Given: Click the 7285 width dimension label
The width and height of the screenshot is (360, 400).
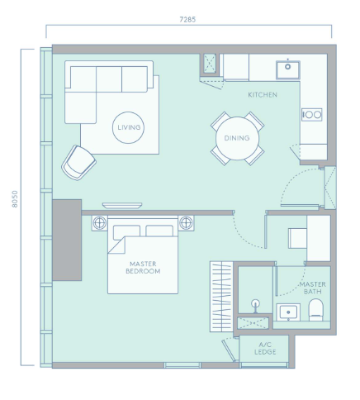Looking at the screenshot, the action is click(x=187, y=20).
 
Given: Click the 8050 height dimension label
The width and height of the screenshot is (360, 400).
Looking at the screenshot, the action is click(x=15, y=199).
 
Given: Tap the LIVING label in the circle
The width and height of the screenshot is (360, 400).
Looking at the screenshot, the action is click(x=129, y=127).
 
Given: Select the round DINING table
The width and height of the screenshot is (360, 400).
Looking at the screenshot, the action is click(x=237, y=138).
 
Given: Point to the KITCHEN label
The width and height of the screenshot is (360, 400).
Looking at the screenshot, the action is click(x=263, y=95).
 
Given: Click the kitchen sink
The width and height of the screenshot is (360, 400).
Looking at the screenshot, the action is click(x=288, y=70).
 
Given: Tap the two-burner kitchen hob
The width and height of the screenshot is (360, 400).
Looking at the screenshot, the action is click(x=311, y=115).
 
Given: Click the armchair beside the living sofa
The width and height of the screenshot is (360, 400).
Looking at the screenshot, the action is click(x=78, y=163).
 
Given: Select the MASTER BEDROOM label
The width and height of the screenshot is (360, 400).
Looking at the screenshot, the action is click(x=143, y=268).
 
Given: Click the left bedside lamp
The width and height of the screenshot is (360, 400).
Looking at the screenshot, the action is click(x=100, y=222).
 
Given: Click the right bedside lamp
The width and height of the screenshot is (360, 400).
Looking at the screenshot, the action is click(x=186, y=222).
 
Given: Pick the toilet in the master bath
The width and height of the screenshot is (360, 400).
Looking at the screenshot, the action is click(x=315, y=310).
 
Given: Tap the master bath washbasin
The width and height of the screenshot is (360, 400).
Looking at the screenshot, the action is click(x=288, y=312).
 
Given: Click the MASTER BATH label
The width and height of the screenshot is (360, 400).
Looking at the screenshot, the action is click(x=313, y=288).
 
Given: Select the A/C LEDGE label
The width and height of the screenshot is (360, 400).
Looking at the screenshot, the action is click(x=265, y=348).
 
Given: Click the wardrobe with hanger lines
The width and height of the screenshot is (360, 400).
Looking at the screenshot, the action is click(x=221, y=297).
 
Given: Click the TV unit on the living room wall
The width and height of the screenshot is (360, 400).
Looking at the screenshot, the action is click(x=122, y=206).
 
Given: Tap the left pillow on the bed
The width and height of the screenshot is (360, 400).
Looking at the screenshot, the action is click(x=126, y=231).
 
